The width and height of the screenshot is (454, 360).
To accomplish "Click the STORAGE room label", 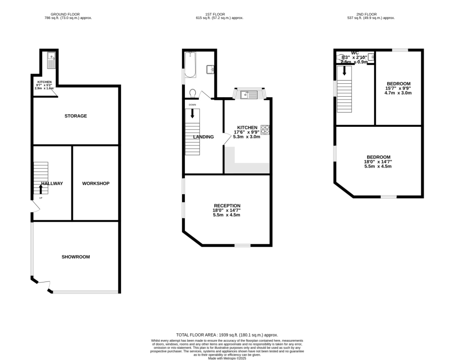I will click(76, 116).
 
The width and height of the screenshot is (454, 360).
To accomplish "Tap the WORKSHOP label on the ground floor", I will click(95, 183).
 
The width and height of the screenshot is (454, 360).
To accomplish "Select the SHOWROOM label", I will click(76, 257).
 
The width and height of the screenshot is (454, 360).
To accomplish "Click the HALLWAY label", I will click(52, 183).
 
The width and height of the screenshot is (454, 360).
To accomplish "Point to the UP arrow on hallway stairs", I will click(41, 189).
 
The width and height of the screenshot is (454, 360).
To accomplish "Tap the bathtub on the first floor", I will click(190, 65).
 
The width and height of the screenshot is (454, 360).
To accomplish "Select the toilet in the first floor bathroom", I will click(192, 93).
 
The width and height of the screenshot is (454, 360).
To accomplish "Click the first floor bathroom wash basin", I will click(211, 70).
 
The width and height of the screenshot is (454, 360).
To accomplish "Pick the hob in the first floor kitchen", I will click(265, 130).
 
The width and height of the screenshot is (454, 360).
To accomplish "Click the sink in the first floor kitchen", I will click(248, 94).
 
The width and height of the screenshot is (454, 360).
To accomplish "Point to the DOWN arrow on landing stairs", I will click(192, 113).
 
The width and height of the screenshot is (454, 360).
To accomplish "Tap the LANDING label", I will click(204, 137).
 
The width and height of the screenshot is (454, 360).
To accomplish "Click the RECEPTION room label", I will click(227, 206).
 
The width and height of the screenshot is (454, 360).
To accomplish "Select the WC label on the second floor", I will click(355, 53).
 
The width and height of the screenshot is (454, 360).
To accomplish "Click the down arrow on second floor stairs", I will click(344, 71).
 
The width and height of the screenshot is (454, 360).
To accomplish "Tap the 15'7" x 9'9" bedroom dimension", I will click(398, 88).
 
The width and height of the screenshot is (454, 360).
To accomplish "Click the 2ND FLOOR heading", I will click(371, 14).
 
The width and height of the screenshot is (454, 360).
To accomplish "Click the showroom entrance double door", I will click(43, 285).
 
